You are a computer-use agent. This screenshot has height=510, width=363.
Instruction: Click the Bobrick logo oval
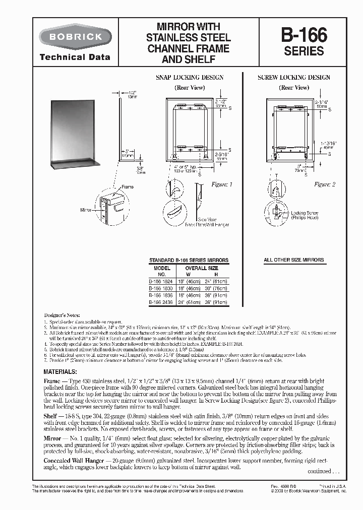tap(75, 36)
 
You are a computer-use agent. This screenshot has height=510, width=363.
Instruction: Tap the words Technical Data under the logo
tap(75, 57)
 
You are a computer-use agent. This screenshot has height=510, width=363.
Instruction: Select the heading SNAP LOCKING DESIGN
tap(189, 78)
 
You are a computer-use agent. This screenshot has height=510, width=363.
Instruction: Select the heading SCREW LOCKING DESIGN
tap(294, 78)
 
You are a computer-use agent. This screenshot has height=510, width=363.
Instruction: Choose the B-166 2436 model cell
tap(159, 302)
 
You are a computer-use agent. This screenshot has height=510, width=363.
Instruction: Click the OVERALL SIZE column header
tap(202, 268)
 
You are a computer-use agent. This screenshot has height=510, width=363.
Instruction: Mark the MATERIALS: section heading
tap(60, 371)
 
